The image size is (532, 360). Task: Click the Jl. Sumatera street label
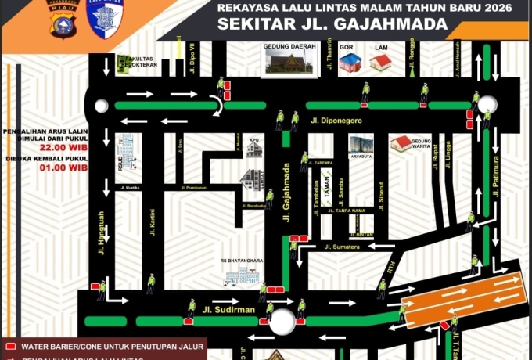click(x=343, y=247)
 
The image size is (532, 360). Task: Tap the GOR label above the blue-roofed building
click(x=347, y=48)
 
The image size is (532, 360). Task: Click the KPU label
click(x=253, y=140)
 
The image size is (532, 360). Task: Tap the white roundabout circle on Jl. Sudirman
click(x=282, y=321)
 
